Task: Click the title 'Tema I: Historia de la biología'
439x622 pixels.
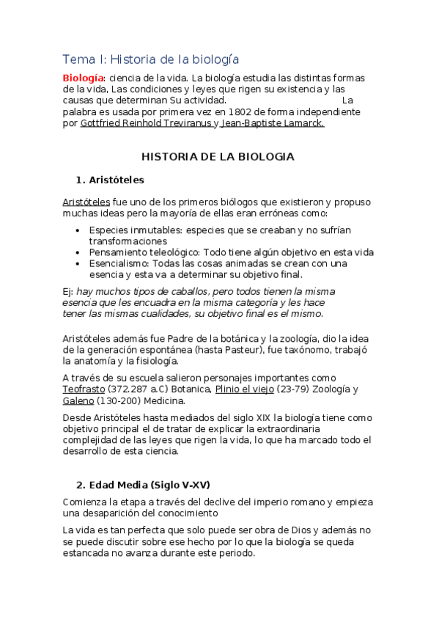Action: pos(150,59)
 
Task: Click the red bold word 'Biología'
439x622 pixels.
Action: pos(84,78)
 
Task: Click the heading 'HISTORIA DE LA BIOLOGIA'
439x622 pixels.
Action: pos(217,156)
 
